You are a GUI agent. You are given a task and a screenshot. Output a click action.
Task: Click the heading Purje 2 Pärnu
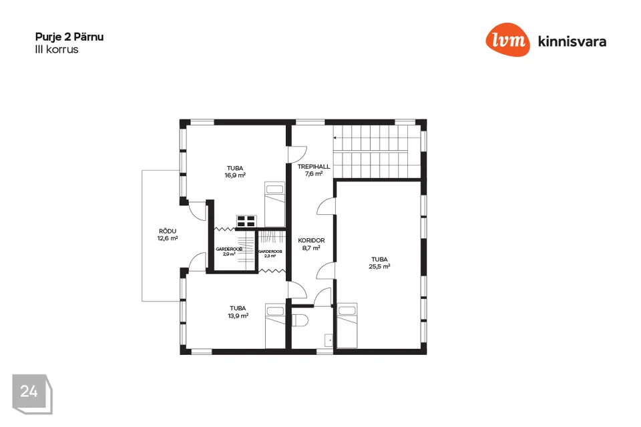[69, 37]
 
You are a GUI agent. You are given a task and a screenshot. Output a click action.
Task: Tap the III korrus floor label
[56, 50]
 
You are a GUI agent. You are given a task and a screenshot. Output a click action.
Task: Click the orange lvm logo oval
[507, 39]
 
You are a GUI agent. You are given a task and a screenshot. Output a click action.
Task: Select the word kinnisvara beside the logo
[572, 41]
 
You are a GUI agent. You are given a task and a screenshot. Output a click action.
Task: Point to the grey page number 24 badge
[32, 394]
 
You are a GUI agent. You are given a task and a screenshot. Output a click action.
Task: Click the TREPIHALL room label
[314, 166]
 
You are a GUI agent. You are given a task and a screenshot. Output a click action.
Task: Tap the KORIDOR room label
[311, 240]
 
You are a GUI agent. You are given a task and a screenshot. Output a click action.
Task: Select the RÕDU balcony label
[168, 232]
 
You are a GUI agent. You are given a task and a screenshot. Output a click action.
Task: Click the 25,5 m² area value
[379, 266]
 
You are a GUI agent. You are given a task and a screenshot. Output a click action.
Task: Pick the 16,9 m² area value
[235, 175]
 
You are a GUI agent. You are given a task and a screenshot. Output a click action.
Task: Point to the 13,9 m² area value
[238, 316]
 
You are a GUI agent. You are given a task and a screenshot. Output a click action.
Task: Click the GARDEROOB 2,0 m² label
[229, 252]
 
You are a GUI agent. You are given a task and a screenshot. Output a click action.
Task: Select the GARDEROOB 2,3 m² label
[270, 254]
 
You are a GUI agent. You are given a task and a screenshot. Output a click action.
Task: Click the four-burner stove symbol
[246, 221]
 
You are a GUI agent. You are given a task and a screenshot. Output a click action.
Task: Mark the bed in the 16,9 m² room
[274, 204]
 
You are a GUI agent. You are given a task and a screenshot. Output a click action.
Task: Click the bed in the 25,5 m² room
[347, 326]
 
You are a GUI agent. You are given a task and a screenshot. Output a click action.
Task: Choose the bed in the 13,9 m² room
[275, 326]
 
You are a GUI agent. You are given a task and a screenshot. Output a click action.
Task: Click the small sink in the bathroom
[329, 340]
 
